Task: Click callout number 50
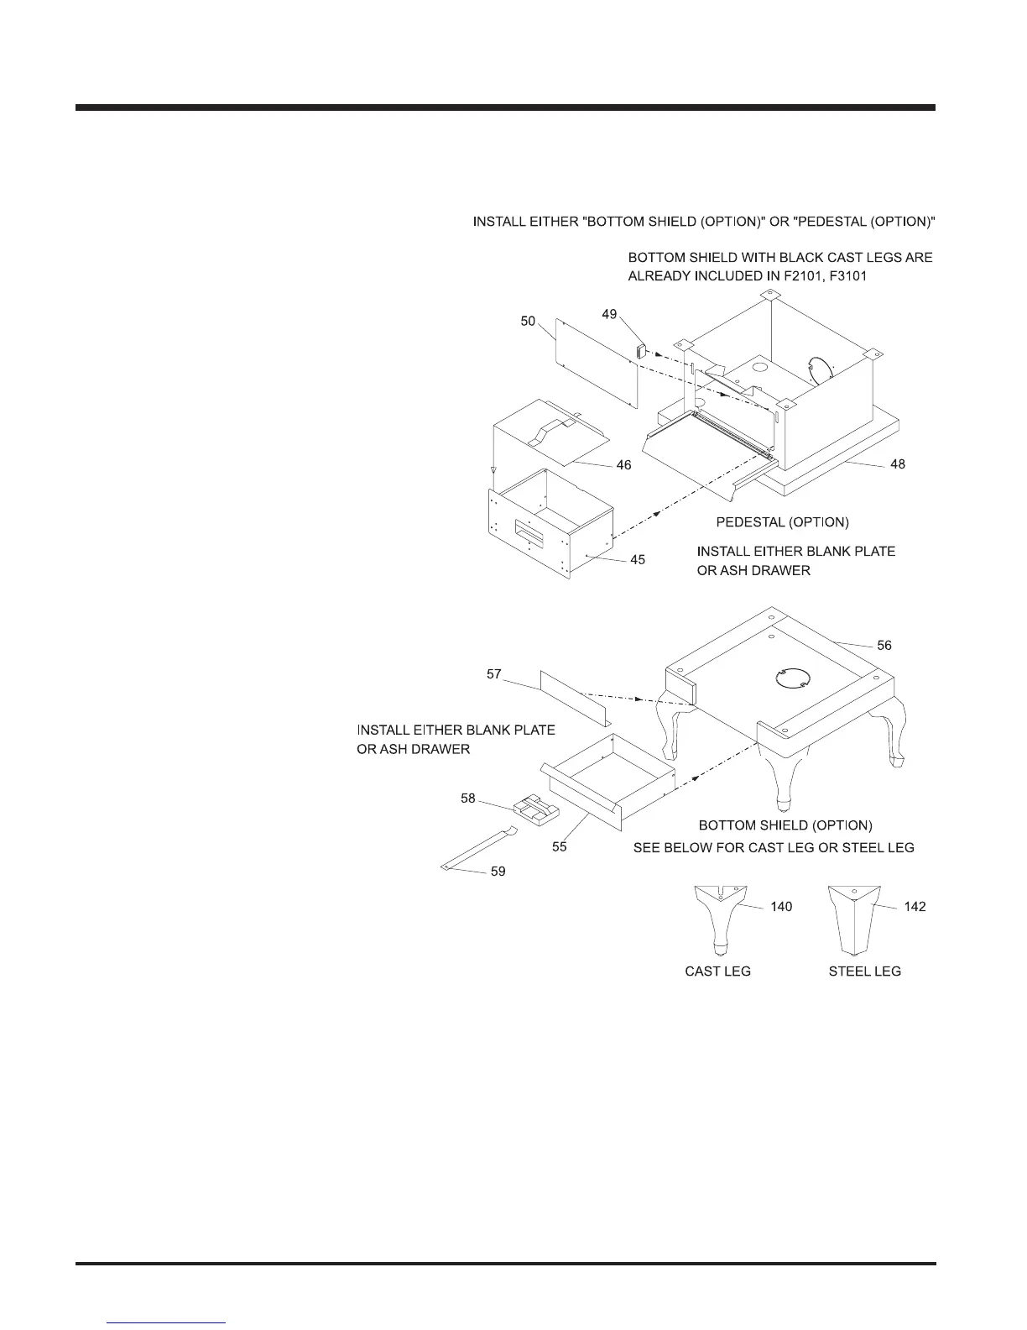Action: [x=528, y=321]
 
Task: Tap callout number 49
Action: [x=609, y=314]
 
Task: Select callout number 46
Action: [x=623, y=465]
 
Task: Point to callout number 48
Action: [x=898, y=463]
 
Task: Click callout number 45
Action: [x=638, y=559]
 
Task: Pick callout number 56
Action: [x=884, y=645]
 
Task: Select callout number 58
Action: [x=468, y=799]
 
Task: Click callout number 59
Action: [x=498, y=872]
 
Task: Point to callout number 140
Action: [x=781, y=907]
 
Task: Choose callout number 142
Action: [x=915, y=907]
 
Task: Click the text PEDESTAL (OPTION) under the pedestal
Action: [x=782, y=522]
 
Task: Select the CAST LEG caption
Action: [x=717, y=971]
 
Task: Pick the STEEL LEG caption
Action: [x=864, y=971]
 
